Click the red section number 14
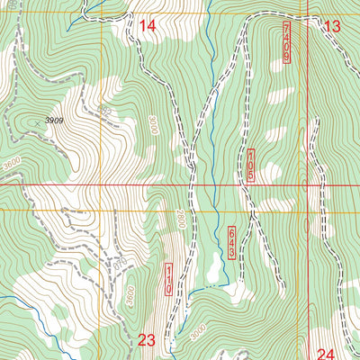(x=147, y=27)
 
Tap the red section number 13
(x=332, y=27)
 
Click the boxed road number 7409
(x=286, y=42)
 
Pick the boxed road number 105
(x=250, y=166)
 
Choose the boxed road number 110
(x=167, y=278)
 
